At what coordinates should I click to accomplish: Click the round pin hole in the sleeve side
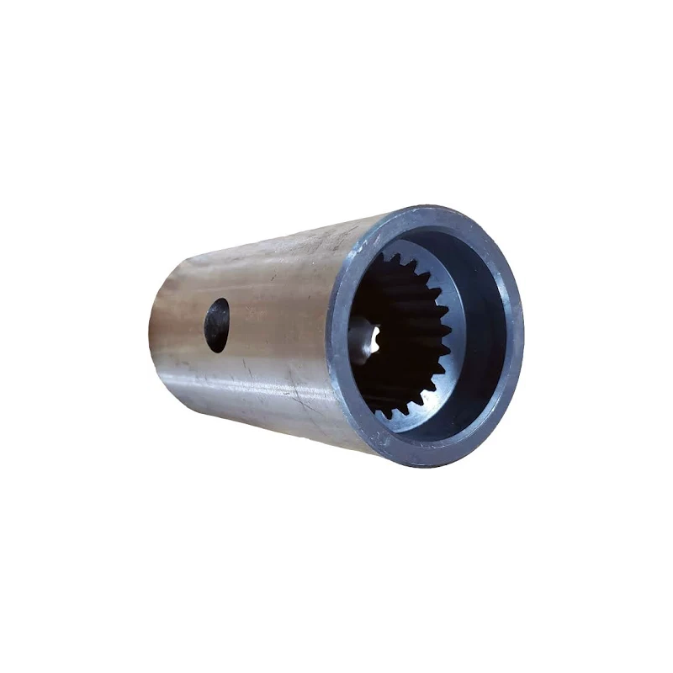coord(217,325)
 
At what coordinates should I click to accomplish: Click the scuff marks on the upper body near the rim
coord(328,244)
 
